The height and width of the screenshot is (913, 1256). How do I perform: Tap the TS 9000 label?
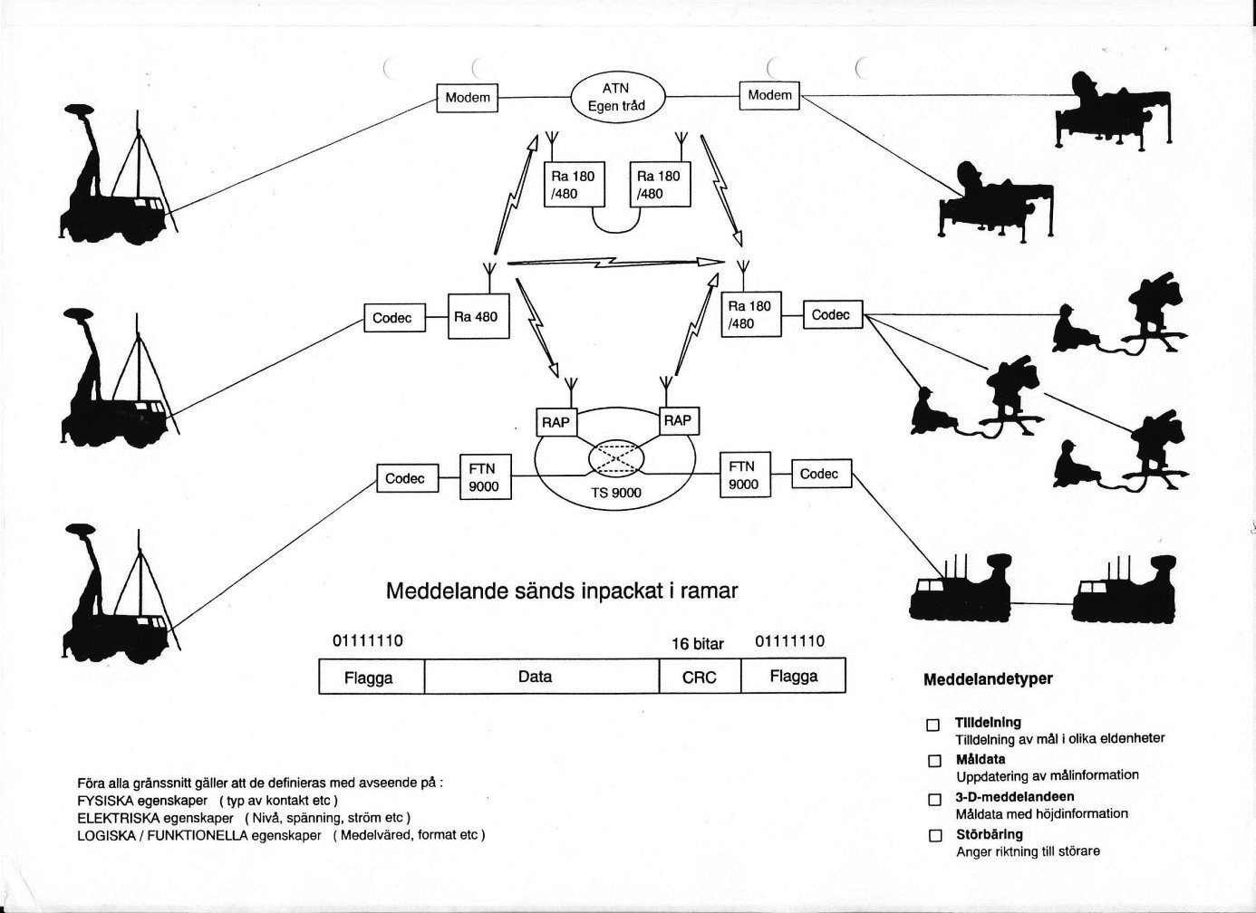tap(615, 493)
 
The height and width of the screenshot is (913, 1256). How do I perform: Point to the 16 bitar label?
tap(698, 644)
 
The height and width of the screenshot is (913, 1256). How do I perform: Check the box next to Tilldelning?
tap(932, 725)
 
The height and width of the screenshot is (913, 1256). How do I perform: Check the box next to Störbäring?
tap(934, 851)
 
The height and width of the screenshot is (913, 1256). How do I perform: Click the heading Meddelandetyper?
tap(988, 679)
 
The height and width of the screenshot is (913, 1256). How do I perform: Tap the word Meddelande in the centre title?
tap(447, 591)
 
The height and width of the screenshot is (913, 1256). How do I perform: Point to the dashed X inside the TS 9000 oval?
tap(615, 459)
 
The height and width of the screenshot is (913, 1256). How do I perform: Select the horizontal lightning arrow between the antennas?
tap(615, 263)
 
